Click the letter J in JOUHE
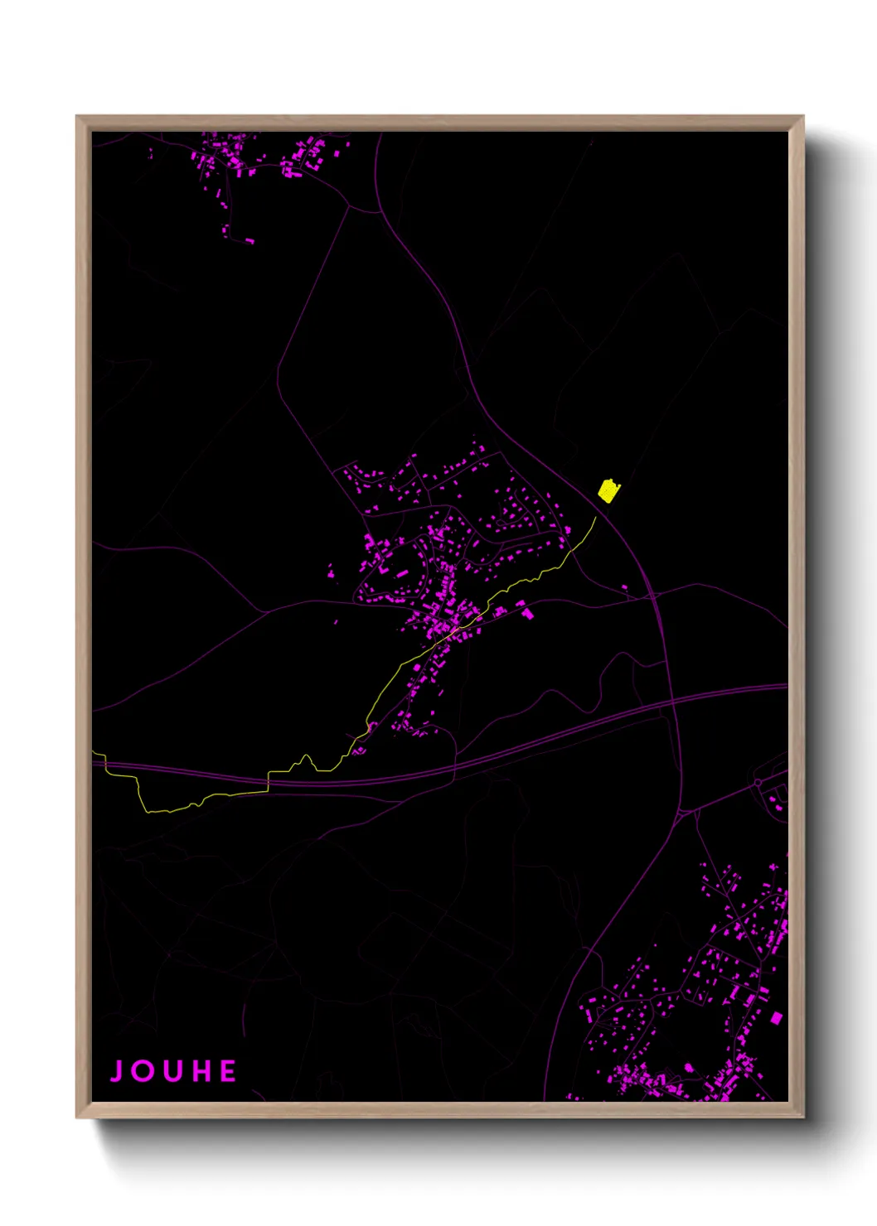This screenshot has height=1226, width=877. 118,1071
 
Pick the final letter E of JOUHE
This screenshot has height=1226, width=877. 229,1071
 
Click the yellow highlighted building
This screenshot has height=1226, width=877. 609,491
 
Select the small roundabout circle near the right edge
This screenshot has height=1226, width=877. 758,783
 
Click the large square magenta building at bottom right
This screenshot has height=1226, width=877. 777,1017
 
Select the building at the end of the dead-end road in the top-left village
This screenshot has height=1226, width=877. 250,241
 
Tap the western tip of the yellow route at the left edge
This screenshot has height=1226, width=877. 94,753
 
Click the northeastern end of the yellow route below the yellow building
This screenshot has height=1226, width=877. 595,518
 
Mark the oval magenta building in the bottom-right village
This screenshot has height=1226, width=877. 688,1067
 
